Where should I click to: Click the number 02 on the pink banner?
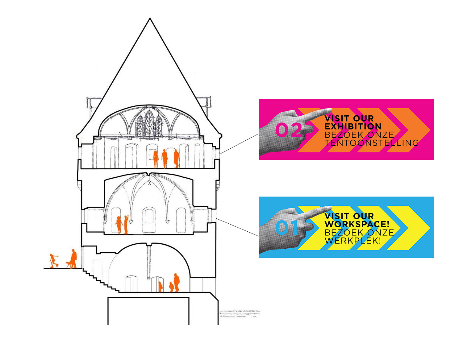tap(288, 130)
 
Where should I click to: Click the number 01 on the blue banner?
tap(286, 228)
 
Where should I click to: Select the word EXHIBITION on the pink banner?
tap(352, 126)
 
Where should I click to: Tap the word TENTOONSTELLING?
tap(371, 143)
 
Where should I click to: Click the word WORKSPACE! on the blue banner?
tap(357, 224)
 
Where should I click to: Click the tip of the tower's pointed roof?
tap(150, 18)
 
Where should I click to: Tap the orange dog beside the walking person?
tap(68, 264)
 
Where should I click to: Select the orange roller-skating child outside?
tap(54, 261)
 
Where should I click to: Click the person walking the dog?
tap(73, 259)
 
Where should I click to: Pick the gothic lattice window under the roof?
tap(149, 123)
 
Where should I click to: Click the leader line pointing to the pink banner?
tap(239, 144)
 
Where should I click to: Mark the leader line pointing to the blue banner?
tap(237, 227)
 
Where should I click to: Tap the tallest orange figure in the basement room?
tap(177, 282)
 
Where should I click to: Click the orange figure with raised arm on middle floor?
tap(126, 225)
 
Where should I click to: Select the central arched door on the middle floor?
tap(149, 219)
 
